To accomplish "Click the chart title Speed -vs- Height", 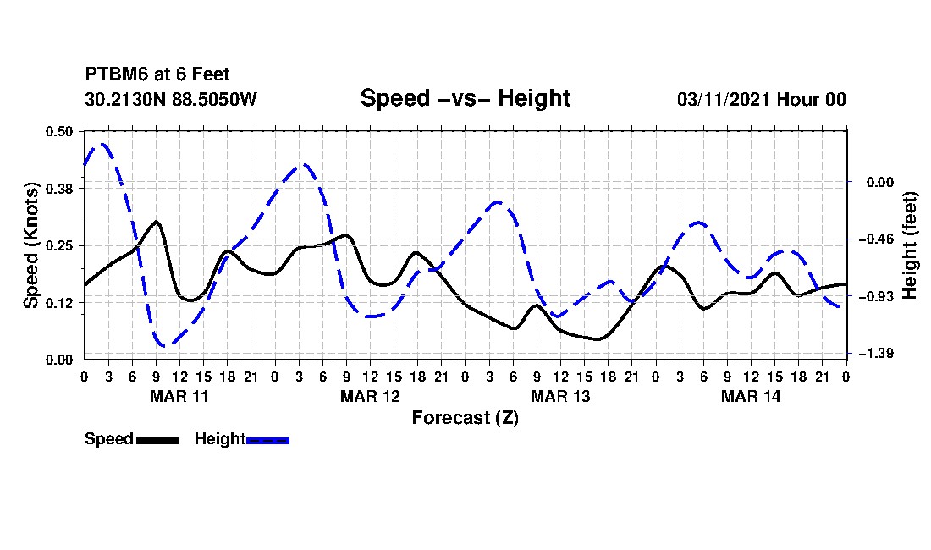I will (x=465, y=98).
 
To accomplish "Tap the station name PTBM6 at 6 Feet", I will (x=157, y=75).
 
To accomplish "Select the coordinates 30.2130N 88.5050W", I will (x=171, y=99).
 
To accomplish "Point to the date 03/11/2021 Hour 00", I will (x=761, y=99).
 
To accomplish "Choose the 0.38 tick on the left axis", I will (x=61, y=188).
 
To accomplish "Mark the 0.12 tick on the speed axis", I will (x=61, y=302).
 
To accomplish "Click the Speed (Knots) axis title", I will (x=31, y=245).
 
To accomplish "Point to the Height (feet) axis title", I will (x=911, y=245).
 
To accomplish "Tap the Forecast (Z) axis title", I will (x=465, y=417).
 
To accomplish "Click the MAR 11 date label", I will (x=179, y=396).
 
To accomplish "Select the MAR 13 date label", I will (x=560, y=396).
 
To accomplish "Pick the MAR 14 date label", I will (x=751, y=396).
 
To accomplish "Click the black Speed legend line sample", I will (x=157, y=440).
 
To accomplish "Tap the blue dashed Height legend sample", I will (x=268, y=440).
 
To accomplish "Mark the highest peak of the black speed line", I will (x=157, y=222).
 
